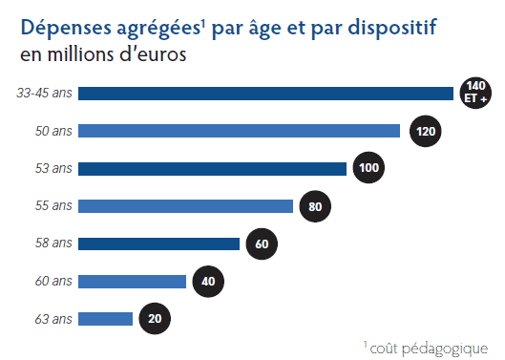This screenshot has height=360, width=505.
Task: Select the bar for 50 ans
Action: pos(239,131)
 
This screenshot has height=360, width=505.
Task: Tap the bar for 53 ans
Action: pos(212,169)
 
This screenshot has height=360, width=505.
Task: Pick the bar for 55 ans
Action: pos(185,206)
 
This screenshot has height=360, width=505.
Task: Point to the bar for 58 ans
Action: pos(158,244)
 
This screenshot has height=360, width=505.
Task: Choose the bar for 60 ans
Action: pos(132,281)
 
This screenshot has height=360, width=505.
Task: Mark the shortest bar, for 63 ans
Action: pos(105,319)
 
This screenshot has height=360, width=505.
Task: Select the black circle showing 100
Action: pos(369,169)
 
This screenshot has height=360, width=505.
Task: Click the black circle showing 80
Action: pos(316,206)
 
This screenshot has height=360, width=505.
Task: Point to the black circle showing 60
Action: pos(263,244)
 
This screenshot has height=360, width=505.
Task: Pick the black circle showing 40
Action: pos(209,281)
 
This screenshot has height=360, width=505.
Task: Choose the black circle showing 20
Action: pos(156,319)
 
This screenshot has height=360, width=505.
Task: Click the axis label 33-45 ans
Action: pos(44,94)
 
